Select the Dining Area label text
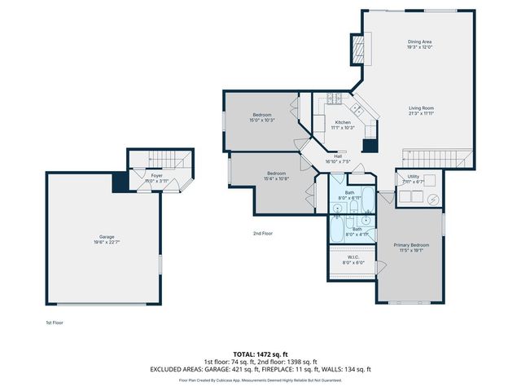(x=419, y=42)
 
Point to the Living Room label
(x=421, y=108)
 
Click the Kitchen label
(x=343, y=122)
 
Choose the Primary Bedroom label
(x=411, y=245)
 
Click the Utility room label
(x=413, y=176)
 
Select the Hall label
(x=337, y=157)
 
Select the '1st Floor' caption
(x=54, y=323)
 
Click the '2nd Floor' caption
(x=261, y=233)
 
